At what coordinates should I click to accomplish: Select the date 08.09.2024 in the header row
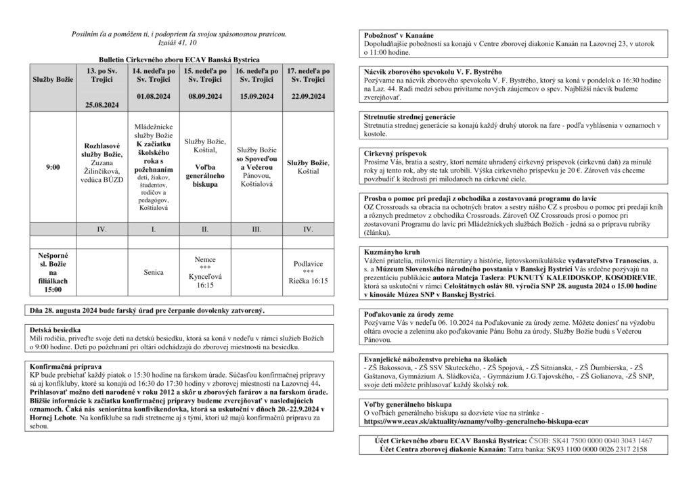[205, 96]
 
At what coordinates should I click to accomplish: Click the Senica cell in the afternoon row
[154, 272]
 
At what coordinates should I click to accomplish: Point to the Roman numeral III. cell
[256, 229]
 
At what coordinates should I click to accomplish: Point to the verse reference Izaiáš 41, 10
[179, 43]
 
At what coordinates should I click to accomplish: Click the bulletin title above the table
[179, 60]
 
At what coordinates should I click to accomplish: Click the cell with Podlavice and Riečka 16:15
[308, 271]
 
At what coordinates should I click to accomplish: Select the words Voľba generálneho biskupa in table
[205, 175]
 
